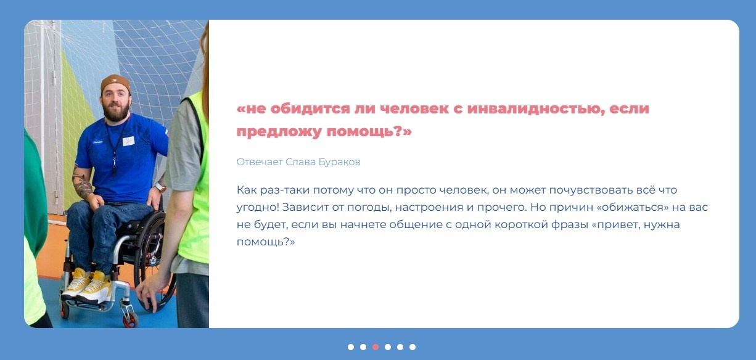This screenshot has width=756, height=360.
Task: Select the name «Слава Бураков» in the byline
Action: pos(323,162)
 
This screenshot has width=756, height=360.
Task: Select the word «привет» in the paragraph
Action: pos(617,224)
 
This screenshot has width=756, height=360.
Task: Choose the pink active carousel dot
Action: pos(376,347)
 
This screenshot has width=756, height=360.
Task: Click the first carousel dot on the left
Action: pos(351,347)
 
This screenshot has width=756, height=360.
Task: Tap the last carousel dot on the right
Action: pos(413,347)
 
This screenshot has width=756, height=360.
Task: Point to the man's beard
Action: pos(117,112)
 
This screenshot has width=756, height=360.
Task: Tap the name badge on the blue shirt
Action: pos(128,141)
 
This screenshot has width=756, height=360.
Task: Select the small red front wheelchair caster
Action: pos(128,321)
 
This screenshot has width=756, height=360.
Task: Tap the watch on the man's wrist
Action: pos(160,186)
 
